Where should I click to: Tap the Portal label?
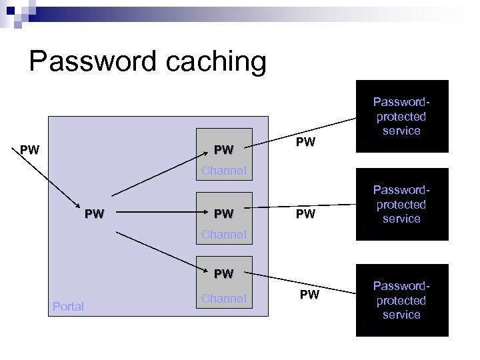[67, 307]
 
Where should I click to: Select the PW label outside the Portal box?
[29, 147]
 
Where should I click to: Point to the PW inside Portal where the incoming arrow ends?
[95, 214]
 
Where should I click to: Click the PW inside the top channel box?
[223, 147]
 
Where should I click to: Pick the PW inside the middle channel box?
[223, 214]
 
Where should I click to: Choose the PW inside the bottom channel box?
[223, 273]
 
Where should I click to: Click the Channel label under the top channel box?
[224, 171]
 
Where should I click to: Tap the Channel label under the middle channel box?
[224, 235]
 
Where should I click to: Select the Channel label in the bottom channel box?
[224, 298]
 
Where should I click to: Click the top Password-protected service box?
[402, 117]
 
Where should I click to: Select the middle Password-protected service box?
[402, 204]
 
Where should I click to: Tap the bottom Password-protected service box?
[402, 300]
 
